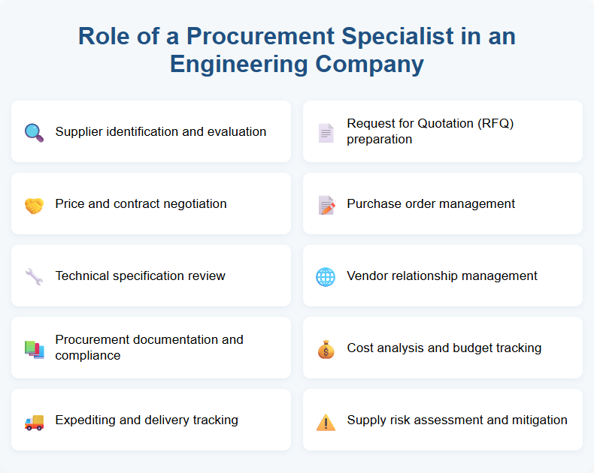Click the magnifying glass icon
pos(34,132)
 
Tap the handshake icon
pos(34,204)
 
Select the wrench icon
pos(34,276)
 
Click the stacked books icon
pos(34,348)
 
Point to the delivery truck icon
pos(34,421)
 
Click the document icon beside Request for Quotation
pos(326,133)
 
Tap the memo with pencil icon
pos(326,204)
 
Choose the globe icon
pos(326,276)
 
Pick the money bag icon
pos(326,348)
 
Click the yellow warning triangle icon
pos(326,421)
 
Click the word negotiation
pos(193,203)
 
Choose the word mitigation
pos(539,420)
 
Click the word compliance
pos(88,355)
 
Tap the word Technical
pos(84,276)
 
